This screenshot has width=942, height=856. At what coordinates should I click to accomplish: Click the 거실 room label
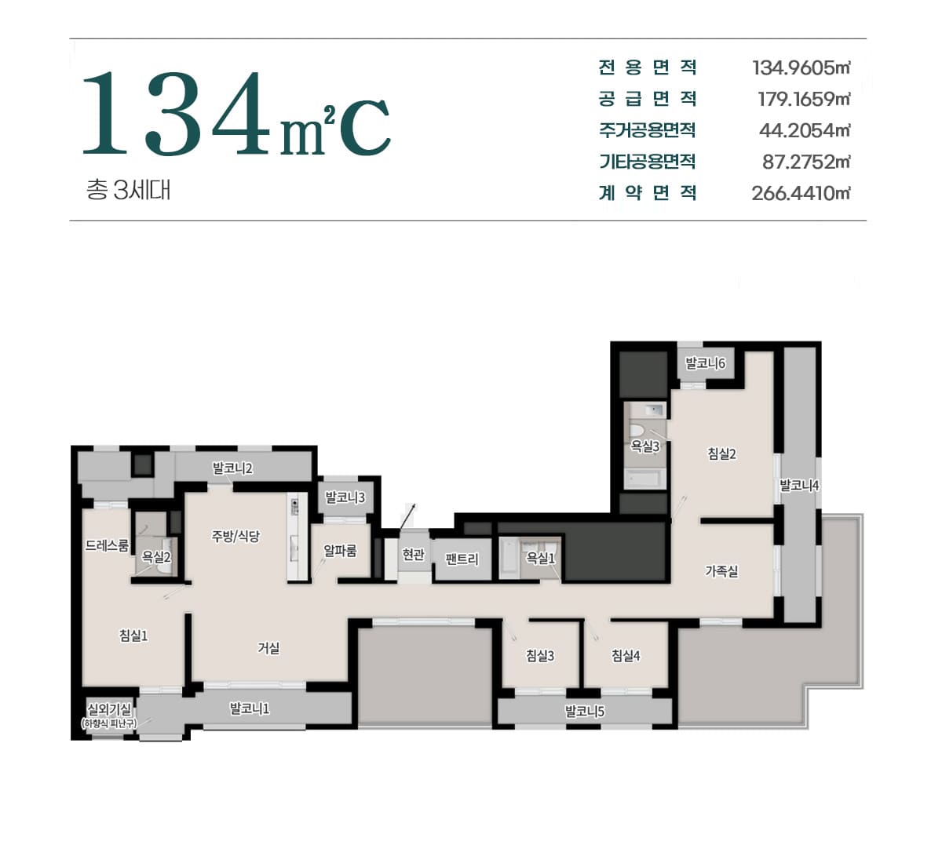tap(268, 648)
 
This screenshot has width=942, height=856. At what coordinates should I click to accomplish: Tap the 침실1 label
tap(133, 636)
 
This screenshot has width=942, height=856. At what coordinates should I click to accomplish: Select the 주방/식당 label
tap(235, 536)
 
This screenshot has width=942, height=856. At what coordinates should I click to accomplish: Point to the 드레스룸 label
tap(107, 545)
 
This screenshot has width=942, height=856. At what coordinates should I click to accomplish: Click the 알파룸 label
tap(340, 551)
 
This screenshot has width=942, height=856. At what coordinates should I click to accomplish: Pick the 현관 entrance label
tap(414, 555)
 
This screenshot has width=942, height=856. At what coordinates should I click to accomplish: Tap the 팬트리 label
tap(462, 559)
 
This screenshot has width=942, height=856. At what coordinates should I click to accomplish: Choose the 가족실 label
tap(721, 571)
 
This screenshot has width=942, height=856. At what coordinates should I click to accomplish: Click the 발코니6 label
tap(706, 363)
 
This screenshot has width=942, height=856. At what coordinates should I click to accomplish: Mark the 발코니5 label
tap(585, 712)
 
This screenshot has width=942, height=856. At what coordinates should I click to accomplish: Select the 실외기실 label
tap(109, 709)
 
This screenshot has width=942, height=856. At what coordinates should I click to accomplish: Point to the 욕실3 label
tap(644, 446)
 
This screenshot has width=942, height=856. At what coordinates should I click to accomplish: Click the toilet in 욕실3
tap(637, 430)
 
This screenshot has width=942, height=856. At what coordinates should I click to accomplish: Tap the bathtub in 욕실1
tap(509, 559)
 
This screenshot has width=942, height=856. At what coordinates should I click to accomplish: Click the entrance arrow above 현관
tap(407, 516)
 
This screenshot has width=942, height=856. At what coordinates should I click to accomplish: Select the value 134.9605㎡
tap(801, 68)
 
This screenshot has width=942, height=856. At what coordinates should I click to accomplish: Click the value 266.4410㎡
tap(801, 193)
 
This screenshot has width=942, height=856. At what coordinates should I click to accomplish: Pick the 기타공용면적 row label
tap(647, 162)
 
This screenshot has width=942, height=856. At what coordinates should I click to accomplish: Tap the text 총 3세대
tap(128, 190)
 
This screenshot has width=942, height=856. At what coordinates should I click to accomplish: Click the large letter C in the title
tap(365, 127)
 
